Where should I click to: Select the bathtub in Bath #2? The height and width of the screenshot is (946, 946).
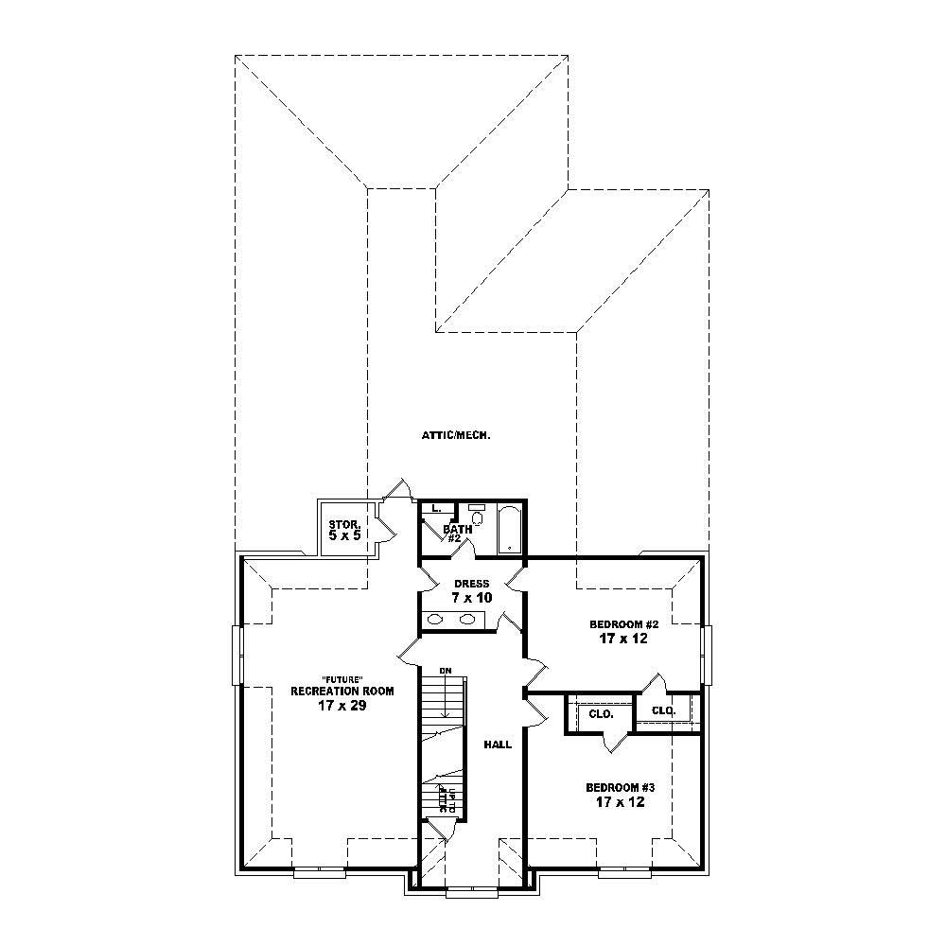coord(509,531)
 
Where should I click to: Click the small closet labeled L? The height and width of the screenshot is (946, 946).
coord(435,509)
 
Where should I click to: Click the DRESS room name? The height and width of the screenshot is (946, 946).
coord(472,584)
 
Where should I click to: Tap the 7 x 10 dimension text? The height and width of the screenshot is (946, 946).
coord(472,598)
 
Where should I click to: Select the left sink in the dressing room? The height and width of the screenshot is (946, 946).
coord(436,620)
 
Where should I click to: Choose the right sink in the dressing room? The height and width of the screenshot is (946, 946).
coord(467,620)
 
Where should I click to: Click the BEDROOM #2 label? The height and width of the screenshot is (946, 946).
coord(622,624)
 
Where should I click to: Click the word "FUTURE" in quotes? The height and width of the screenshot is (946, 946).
coord(339,678)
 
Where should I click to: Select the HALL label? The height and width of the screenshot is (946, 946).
coord(498,745)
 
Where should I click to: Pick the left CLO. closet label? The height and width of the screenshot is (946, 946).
coord(602,714)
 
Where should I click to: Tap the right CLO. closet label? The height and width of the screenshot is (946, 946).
coord(663,709)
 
